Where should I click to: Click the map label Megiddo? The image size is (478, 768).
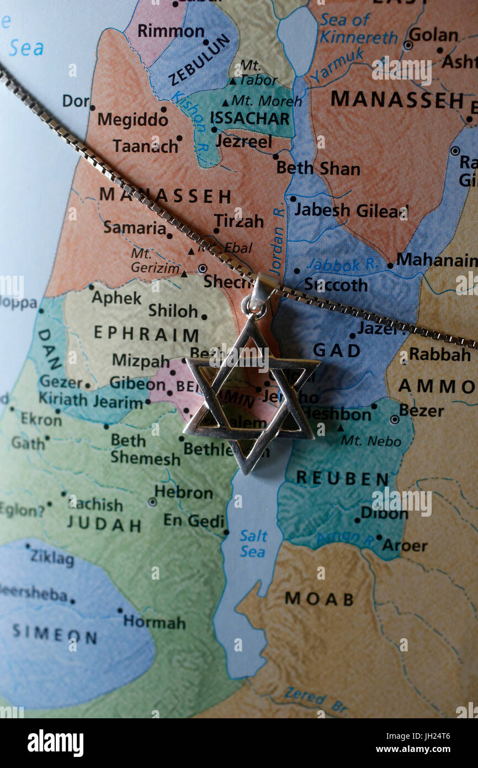tap(133, 119)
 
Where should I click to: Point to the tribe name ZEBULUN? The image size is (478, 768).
tap(199, 60)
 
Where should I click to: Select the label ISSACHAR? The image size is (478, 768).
tap(250, 118)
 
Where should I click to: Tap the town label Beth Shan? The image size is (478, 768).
tap(318, 168)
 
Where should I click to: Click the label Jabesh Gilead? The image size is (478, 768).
tap(351, 211)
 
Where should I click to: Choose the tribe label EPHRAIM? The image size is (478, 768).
tap(146, 334)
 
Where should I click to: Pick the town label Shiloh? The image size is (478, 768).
tap(173, 311)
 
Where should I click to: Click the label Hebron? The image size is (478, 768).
tap(183, 492)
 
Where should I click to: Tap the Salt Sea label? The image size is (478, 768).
tap(253, 544)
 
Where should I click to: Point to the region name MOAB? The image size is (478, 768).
tap(319, 598)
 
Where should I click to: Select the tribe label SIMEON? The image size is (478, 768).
tap(55, 633)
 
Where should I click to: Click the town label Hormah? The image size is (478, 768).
tap(154, 622)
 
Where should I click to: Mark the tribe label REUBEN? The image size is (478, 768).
tap(342, 478)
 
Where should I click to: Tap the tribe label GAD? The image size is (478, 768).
tap(337, 350)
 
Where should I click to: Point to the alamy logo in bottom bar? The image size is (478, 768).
tap(55, 743)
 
